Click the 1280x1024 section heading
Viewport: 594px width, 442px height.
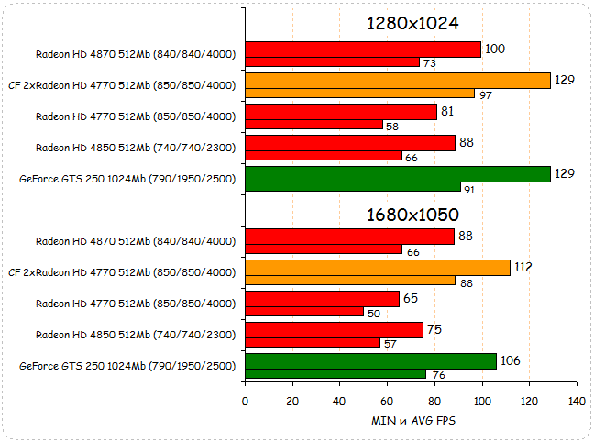[x=412, y=24]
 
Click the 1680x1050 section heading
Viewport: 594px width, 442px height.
[x=412, y=215]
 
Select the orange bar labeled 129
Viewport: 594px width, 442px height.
[x=398, y=81]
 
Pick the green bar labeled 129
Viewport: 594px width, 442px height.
[x=398, y=174]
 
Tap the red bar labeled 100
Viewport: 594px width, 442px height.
[x=363, y=50]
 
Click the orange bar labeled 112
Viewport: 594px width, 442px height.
[x=378, y=268]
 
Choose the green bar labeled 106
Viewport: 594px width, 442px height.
[x=370, y=361]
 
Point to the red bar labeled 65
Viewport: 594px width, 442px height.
[x=322, y=299]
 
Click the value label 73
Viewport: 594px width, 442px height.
[x=429, y=62]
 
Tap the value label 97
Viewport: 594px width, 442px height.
[x=486, y=94]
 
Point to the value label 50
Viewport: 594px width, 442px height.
[x=374, y=313]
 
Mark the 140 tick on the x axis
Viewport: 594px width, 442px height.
[x=577, y=402]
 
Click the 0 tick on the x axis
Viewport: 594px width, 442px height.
[x=245, y=402]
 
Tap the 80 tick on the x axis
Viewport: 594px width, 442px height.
[x=434, y=402]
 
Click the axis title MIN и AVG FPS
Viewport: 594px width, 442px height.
[x=412, y=420]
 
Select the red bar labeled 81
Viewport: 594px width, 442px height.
[x=341, y=112]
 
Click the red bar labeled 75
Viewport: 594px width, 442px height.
[x=334, y=330]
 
